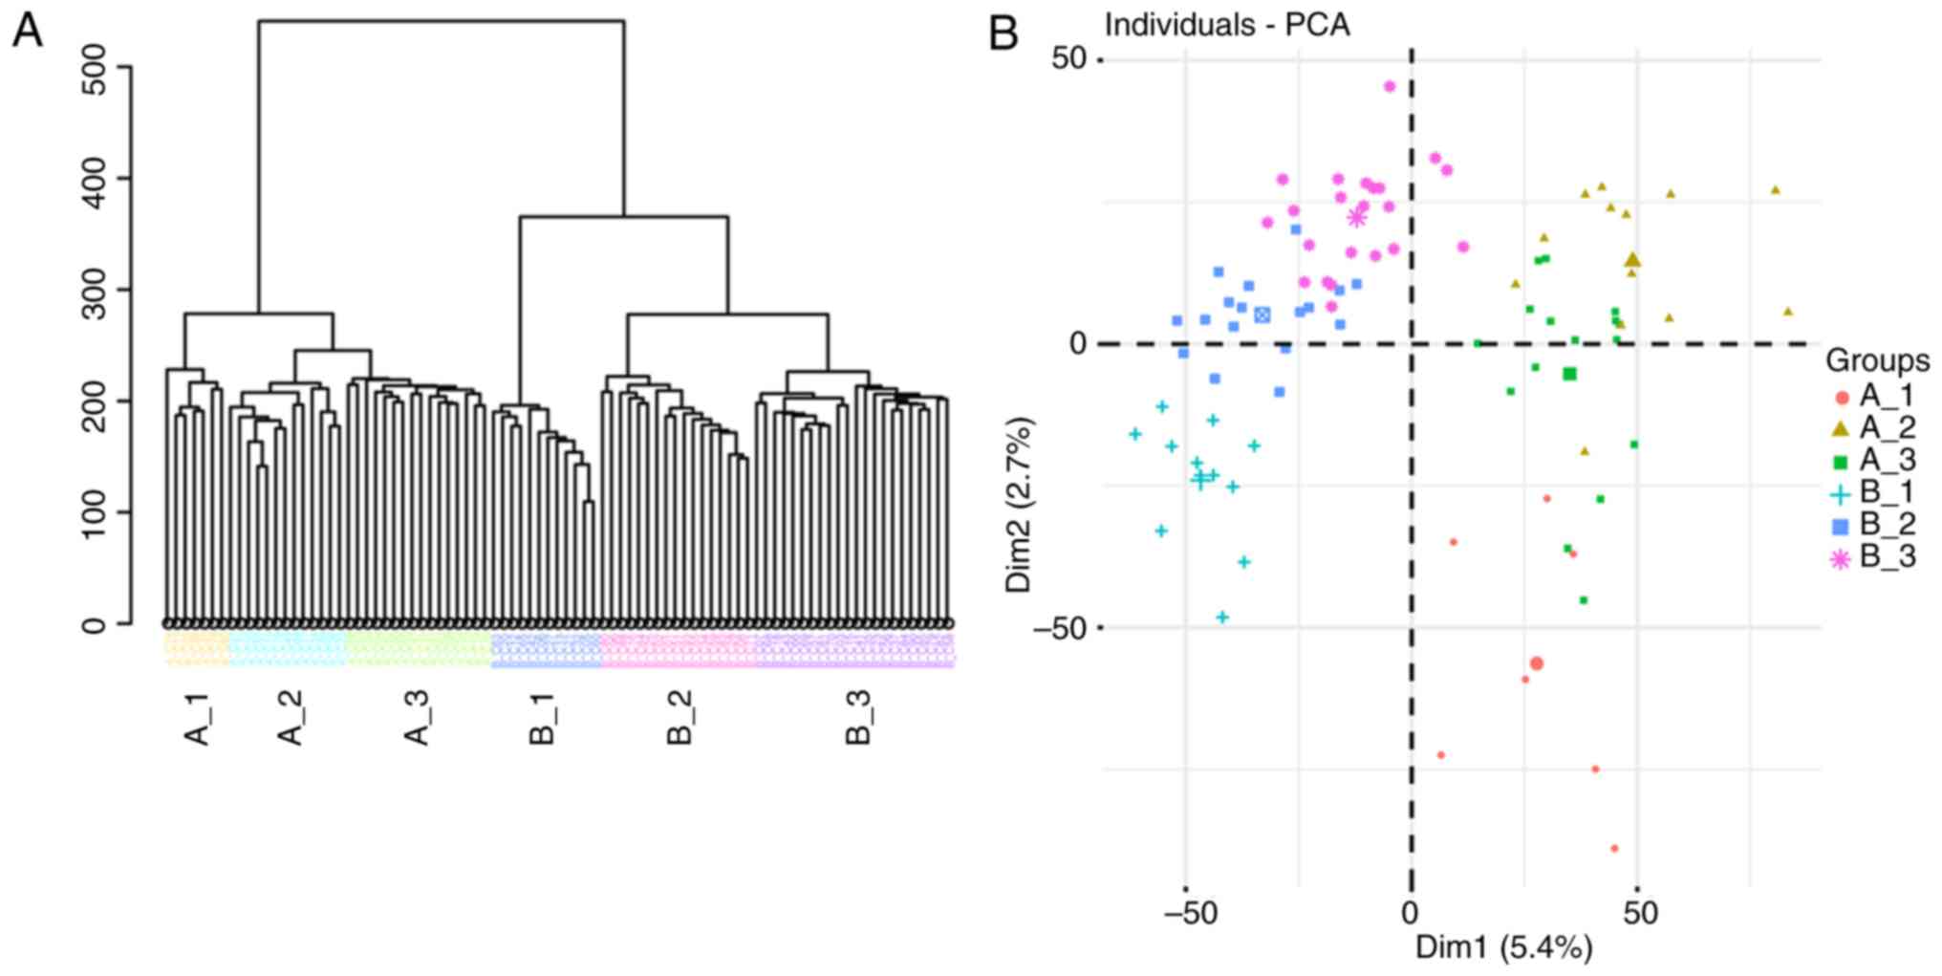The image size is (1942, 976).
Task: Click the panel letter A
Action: tap(27, 33)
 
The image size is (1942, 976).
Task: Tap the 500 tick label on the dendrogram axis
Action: tap(95, 67)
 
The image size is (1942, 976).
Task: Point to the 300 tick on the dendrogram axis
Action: tap(95, 290)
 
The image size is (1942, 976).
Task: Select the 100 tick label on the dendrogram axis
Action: tap(95, 512)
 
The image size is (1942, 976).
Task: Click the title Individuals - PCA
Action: tap(1227, 25)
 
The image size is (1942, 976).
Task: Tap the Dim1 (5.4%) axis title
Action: tap(1504, 947)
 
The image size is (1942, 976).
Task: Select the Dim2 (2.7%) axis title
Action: tap(1020, 504)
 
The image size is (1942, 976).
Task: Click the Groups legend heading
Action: tap(1877, 360)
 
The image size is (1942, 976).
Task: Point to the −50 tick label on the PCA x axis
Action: tap(1191, 913)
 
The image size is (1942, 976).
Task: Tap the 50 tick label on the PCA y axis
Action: tap(1070, 58)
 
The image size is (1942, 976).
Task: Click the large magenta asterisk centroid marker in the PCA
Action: tap(1357, 218)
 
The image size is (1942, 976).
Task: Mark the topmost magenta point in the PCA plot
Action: tap(1390, 87)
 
